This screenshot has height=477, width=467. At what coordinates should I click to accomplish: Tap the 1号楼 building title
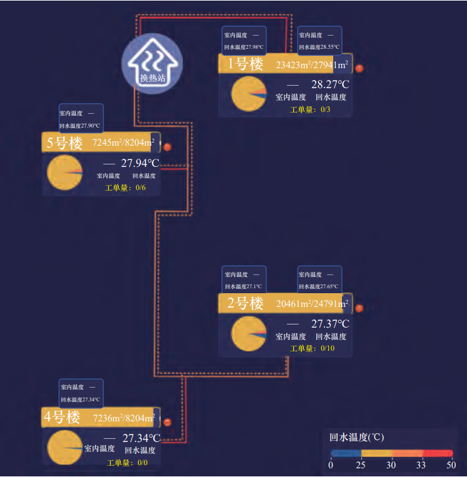pyautogui.click(x=245, y=64)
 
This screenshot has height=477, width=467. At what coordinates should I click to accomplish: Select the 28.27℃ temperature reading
pyautogui.click(x=330, y=84)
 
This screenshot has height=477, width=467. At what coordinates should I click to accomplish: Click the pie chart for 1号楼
pyautogui.click(x=249, y=94)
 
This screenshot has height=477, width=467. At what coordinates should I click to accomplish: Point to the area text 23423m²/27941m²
pyautogui.click(x=312, y=64)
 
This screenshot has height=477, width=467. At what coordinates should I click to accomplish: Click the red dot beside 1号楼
pyautogui.click(x=359, y=68)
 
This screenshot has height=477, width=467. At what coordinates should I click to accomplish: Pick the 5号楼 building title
pyautogui.click(x=64, y=143)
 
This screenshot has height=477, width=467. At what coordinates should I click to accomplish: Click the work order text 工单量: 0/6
pyautogui.click(x=126, y=188)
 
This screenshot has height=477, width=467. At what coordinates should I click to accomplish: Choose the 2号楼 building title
pyautogui.click(x=245, y=304)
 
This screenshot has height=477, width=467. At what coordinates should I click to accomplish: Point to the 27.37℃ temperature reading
pyautogui.click(x=330, y=324)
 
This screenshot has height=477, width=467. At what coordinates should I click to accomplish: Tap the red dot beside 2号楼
pyautogui.click(x=359, y=308)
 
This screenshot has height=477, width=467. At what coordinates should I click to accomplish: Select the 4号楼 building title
pyautogui.click(x=62, y=418)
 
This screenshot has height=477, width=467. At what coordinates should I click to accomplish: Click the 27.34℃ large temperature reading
pyautogui.click(x=141, y=438)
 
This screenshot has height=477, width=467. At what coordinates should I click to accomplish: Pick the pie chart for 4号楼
pyautogui.click(x=64, y=447)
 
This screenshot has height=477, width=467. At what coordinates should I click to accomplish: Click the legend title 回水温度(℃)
pyautogui.click(x=356, y=437)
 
